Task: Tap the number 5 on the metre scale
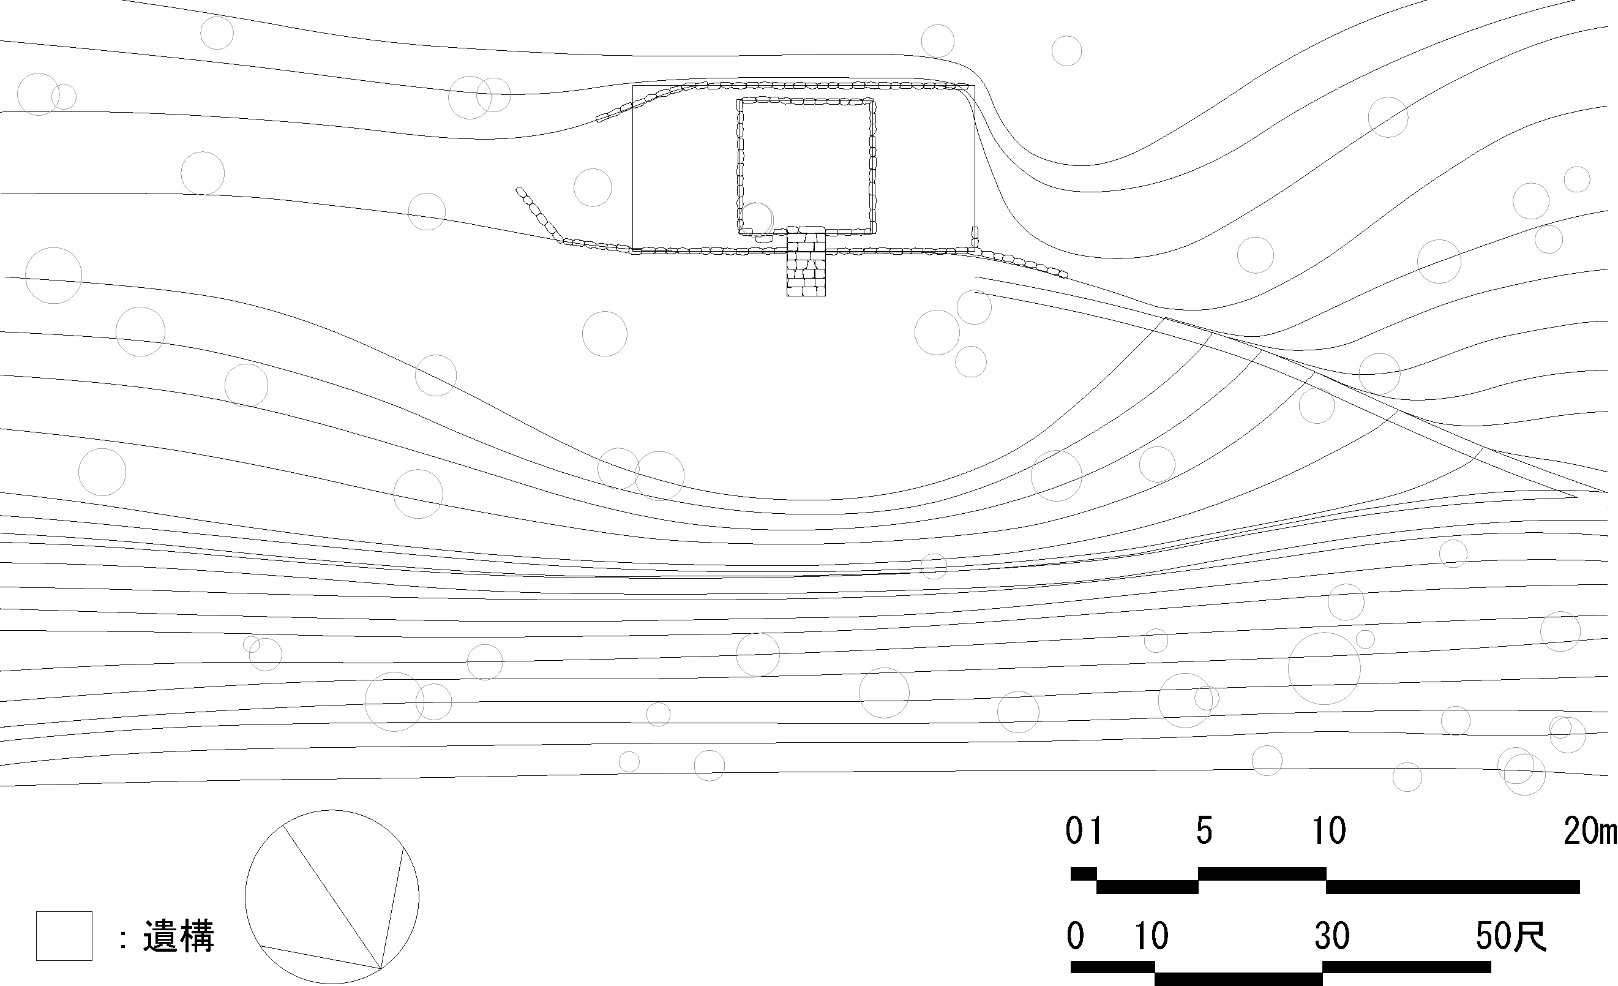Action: point(1204,831)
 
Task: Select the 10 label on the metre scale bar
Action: point(1329,831)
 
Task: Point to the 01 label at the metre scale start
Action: point(1084,831)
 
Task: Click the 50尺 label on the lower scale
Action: point(1511,936)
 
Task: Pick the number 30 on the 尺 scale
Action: point(1331,936)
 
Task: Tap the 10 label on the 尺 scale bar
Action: point(1152,936)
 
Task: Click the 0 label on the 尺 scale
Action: point(1075,936)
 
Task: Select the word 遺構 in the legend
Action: point(179,936)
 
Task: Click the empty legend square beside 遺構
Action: point(64,936)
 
